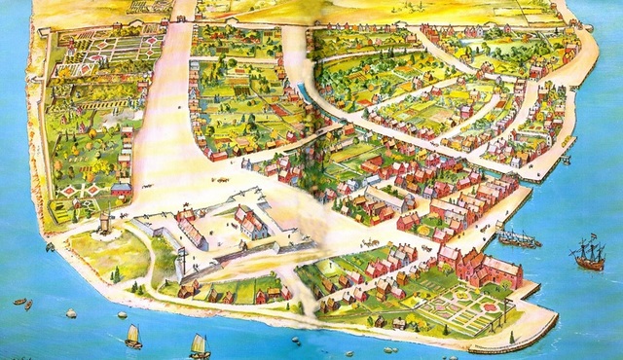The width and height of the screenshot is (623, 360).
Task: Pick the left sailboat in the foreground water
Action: coord(133,337)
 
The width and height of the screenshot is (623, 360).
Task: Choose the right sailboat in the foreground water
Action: coord(200,344)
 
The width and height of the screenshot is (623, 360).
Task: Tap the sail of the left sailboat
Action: coord(133,333)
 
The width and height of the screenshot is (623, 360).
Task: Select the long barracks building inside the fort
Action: coord(193,229)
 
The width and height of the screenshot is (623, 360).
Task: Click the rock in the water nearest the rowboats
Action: coord(71,313)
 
